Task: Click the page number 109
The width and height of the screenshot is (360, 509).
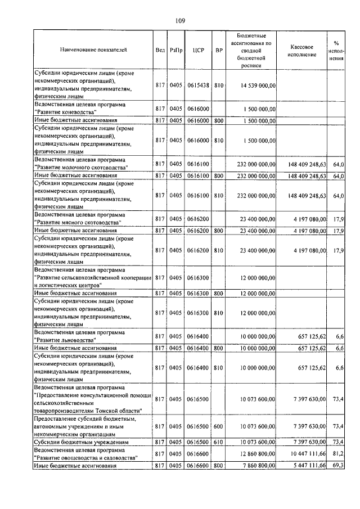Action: (x=180, y=21)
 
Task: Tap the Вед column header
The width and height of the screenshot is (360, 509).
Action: (x=160, y=50)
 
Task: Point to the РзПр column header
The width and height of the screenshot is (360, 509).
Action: (x=176, y=50)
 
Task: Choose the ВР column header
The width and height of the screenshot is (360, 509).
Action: (x=219, y=50)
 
